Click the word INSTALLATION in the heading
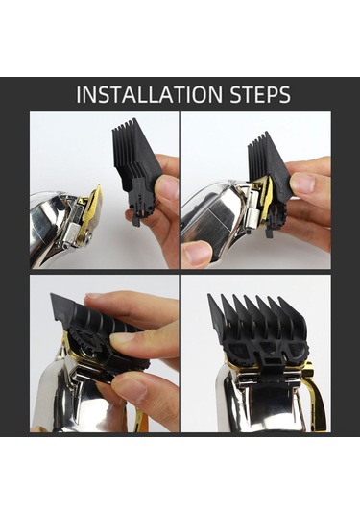click(150, 94)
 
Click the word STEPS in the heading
click(260, 94)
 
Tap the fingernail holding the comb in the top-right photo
click(303, 183)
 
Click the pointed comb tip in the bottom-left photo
click(53, 296)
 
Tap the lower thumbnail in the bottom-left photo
click(130, 390)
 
